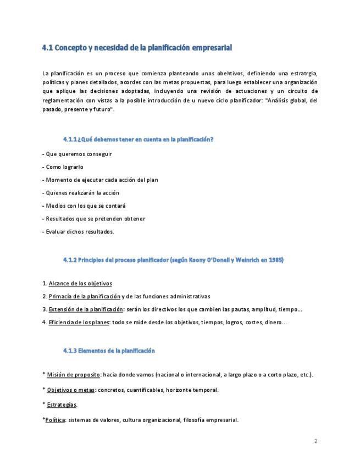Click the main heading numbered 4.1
137,48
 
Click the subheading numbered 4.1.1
138,139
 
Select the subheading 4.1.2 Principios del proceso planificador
173,259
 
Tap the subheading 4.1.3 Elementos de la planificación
109,350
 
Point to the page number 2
316,441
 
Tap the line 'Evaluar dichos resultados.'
77,231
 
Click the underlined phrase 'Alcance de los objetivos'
80,284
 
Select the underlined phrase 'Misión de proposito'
73,375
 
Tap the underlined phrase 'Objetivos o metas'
70,390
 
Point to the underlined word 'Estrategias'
62,405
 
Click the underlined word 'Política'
55,420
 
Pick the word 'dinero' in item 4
272,322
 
